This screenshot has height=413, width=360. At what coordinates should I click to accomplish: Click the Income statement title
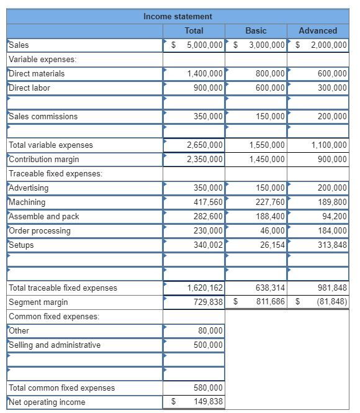(x=178, y=16)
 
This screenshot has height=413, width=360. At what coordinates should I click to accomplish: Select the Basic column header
(x=256, y=30)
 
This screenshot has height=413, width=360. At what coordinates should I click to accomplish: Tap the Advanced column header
(x=318, y=30)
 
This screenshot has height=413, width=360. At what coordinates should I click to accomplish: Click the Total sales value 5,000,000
(x=204, y=45)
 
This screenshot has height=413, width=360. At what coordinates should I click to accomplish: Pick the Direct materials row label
(x=37, y=73)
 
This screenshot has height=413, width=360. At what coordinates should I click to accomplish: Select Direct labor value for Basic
(x=270, y=88)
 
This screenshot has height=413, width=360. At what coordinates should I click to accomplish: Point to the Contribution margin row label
(x=44, y=159)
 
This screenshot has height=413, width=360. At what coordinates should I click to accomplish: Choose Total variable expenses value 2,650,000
(x=205, y=145)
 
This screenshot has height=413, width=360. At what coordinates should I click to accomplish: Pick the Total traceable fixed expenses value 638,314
(x=270, y=288)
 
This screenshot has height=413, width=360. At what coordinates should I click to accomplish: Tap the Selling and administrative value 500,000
(x=208, y=345)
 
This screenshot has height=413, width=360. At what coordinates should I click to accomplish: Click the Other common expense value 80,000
(x=210, y=330)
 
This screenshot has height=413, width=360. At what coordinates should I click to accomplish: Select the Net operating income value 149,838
(x=208, y=402)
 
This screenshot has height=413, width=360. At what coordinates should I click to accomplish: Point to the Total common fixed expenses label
(x=61, y=388)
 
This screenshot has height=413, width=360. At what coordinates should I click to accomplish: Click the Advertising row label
(x=29, y=188)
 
